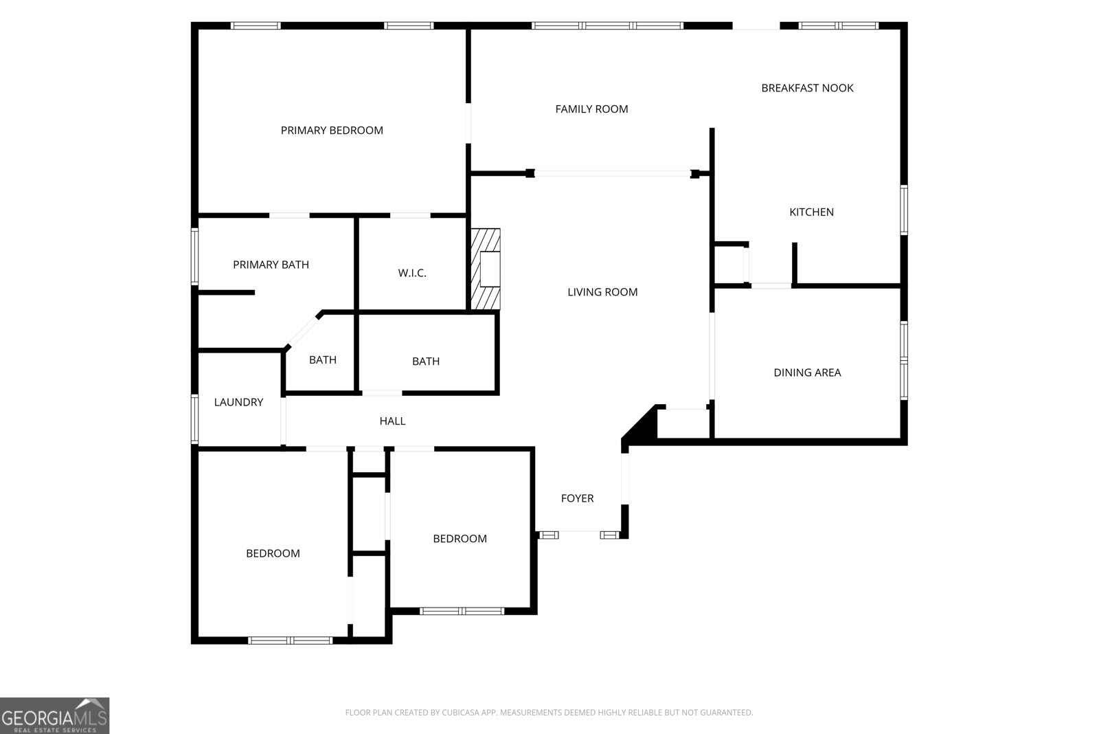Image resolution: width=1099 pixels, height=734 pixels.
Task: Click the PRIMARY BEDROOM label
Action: point(332,130)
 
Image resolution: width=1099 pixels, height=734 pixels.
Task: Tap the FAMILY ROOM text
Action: point(591,109)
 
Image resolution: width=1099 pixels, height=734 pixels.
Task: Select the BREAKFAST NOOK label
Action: point(807,88)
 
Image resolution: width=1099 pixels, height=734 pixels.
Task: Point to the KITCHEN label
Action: point(811,212)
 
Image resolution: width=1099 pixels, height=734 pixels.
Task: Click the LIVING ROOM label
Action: point(602,292)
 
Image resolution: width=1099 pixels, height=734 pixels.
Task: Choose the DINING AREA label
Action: point(807,372)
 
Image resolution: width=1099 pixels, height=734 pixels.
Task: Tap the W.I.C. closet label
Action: point(412,273)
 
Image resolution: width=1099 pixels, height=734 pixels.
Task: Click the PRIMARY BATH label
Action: point(271,265)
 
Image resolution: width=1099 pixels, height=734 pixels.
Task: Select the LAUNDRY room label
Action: point(238,402)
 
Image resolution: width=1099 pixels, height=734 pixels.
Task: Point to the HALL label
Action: point(392,421)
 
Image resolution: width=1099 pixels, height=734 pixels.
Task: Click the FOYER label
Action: point(577,498)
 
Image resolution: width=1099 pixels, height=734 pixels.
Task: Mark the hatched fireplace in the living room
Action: point(486,269)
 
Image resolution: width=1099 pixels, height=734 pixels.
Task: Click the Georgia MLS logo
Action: point(54,716)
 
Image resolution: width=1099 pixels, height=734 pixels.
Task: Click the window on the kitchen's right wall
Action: point(904,210)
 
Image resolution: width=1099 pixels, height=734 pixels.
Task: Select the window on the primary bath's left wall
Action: point(194,256)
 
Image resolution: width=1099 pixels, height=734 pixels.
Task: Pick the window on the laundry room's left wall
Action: point(194,419)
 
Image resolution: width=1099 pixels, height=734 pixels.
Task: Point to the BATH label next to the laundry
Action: point(322,360)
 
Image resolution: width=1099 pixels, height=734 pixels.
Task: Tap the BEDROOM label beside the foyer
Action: point(460,539)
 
